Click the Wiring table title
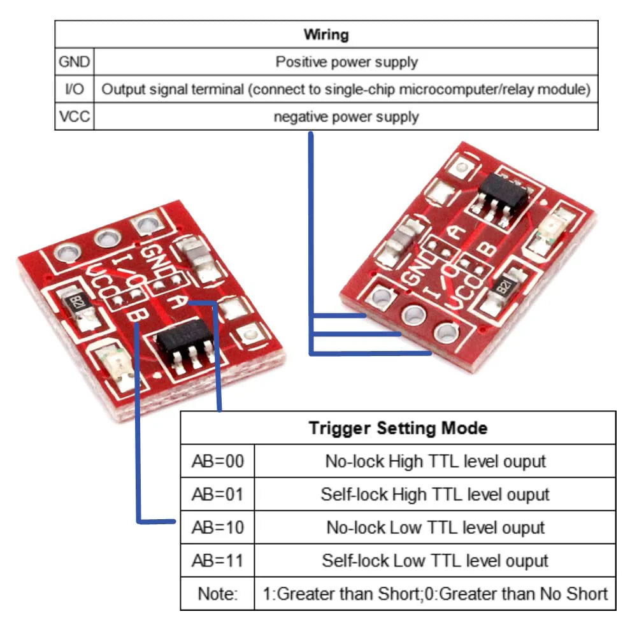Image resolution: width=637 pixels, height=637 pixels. click(x=326, y=34)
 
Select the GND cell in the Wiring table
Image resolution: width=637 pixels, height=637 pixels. click(x=75, y=62)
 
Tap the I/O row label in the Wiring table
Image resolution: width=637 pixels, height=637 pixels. click(x=75, y=89)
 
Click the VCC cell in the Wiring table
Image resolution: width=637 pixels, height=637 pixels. click(x=75, y=117)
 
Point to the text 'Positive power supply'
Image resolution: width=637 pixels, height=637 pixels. click(x=346, y=62)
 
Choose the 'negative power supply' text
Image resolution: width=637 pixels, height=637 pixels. click(x=346, y=117)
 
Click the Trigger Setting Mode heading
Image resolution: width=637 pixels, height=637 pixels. click(x=398, y=428)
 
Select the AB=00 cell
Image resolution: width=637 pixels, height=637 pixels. click(x=217, y=461)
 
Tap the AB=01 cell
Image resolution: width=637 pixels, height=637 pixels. click(x=217, y=494)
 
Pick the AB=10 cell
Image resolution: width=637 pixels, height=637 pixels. click(x=217, y=527)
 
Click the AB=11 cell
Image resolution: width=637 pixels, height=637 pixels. click(x=217, y=561)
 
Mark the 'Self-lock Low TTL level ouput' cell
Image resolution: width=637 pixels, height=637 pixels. click(x=434, y=561)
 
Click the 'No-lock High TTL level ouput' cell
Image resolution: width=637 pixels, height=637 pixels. click(x=434, y=461)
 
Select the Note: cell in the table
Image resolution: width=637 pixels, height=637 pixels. click(x=217, y=594)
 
